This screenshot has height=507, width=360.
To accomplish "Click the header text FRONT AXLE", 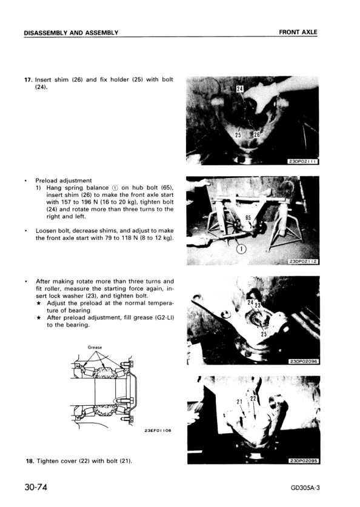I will pos(298,31).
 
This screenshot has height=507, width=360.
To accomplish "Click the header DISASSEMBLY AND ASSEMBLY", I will pos(71,32).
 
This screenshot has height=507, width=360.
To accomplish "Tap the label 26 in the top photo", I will pos(256,134).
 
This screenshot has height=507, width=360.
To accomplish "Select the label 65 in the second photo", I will pos(248,217).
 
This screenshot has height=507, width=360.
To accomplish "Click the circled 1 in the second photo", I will pos(241,249).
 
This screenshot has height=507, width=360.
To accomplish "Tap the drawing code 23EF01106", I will pos(158,431).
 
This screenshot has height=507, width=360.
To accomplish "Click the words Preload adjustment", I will pos(64,180).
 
